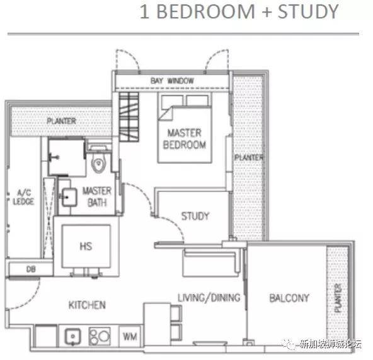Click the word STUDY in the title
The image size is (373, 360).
point(308,11)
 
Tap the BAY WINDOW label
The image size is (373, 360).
point(172,81)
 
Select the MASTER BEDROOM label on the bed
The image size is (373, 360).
point(185,138)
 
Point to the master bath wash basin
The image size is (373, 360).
point(69,197)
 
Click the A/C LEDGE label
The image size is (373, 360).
point(23,197)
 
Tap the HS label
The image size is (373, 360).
point(86,246)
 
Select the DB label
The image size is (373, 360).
point(31,269)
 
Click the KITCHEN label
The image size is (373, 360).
point(87,305)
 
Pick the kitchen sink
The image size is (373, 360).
point(73,337)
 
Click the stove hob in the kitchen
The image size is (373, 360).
point(100,336)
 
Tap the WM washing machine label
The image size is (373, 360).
point(130,337)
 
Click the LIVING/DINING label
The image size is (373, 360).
point(209,298)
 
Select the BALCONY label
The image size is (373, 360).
point(289,298)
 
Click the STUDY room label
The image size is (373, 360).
point(195,216)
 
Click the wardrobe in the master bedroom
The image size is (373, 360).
point(129,117)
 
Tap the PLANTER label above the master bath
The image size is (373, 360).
point(61,121)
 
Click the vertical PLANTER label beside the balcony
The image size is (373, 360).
point(338,298)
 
